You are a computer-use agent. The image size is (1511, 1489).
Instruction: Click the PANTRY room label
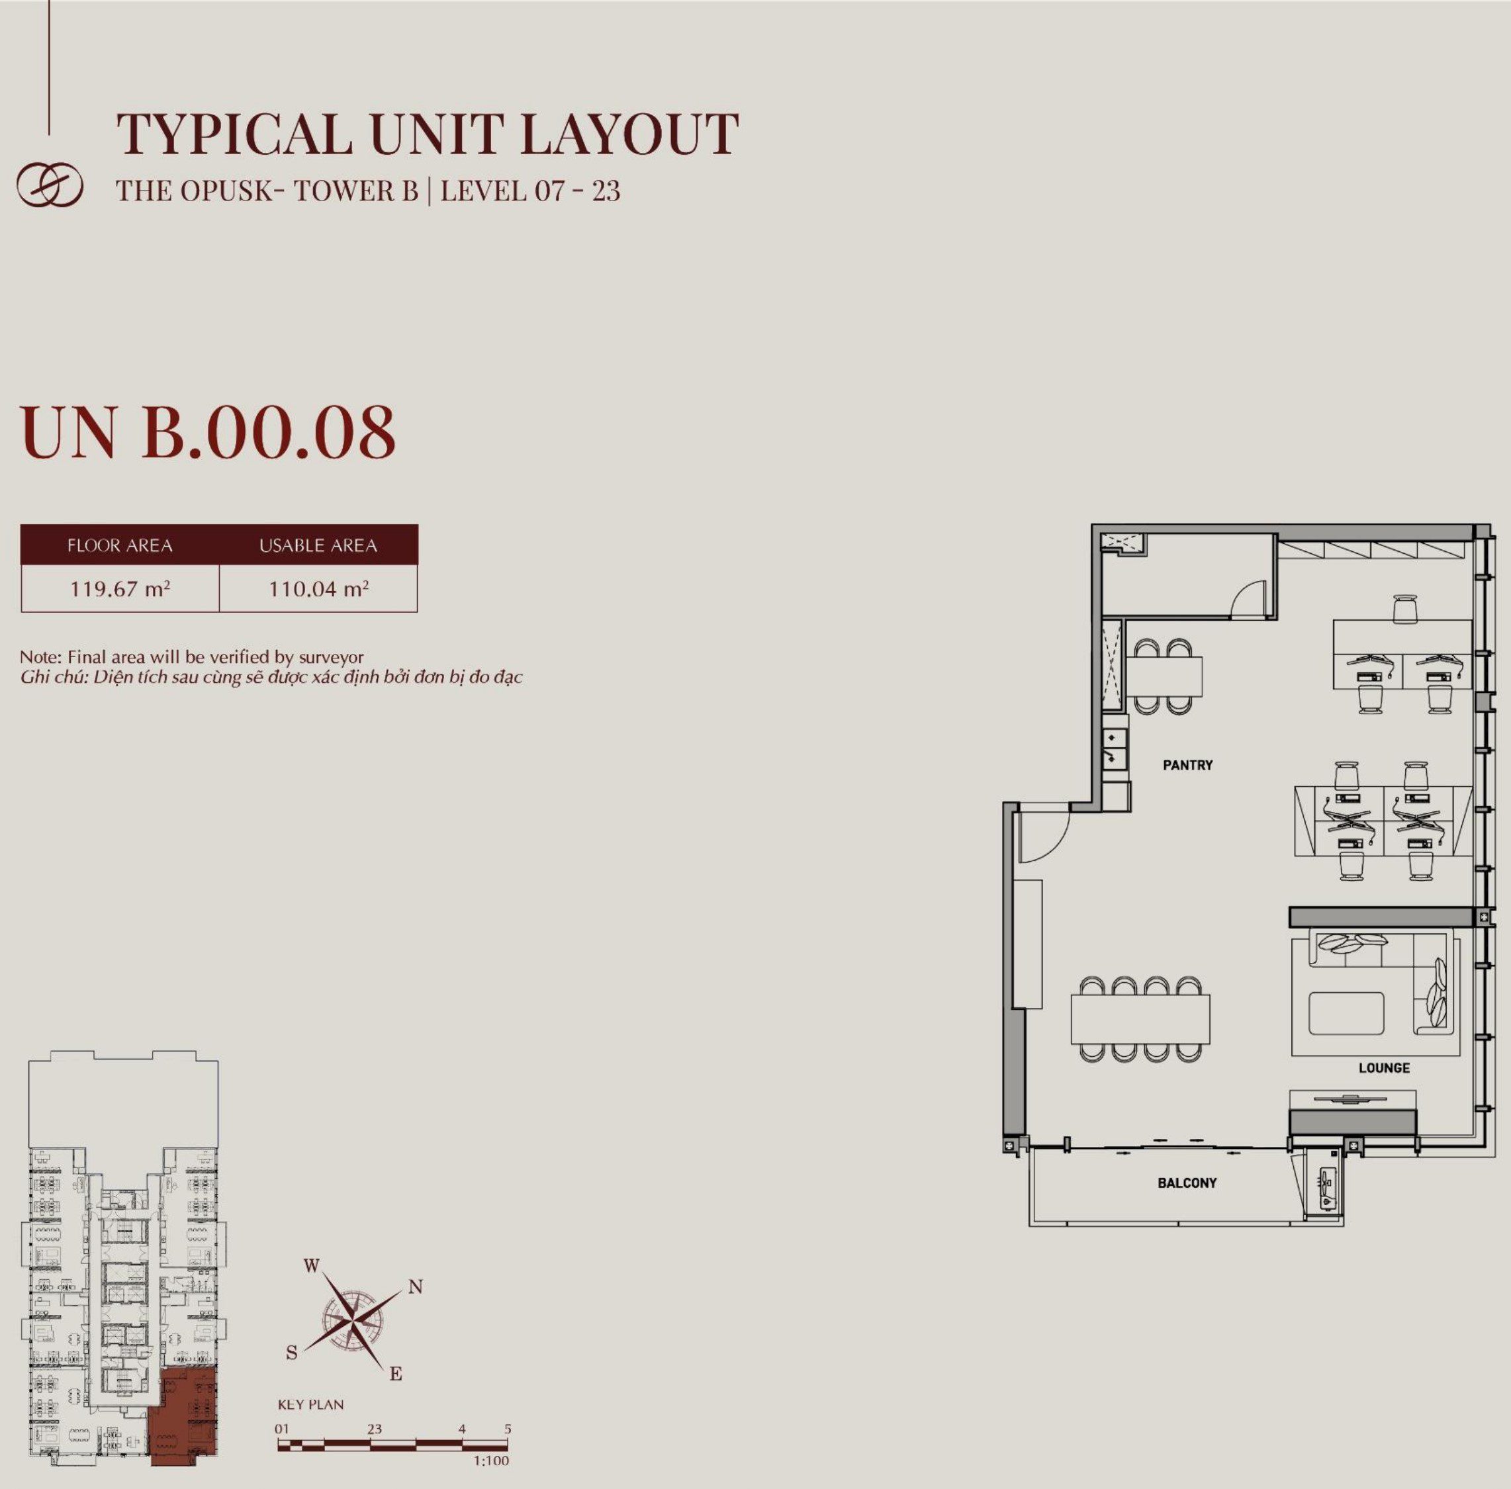(1187, 765)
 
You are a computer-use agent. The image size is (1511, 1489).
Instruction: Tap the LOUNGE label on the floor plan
(1383, 1067)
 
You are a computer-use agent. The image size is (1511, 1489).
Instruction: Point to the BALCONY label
(1187, 1183)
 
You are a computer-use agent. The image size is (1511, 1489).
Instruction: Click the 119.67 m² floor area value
(120, 588)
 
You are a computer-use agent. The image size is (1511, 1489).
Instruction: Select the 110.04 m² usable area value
(318, 588)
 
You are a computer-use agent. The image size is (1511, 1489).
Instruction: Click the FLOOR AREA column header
(120, 545)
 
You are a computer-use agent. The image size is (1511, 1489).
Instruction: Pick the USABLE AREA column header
(318, 545)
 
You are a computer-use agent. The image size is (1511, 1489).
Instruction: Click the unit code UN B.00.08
(208, 431)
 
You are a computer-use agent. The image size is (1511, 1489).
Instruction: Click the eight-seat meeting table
(1140, 1018)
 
